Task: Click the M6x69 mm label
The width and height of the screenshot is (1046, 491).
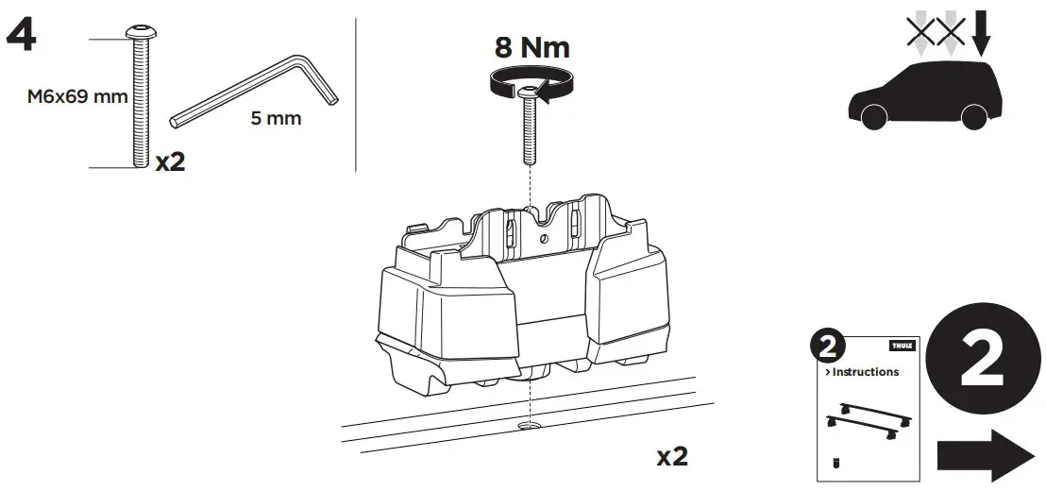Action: (61, 98)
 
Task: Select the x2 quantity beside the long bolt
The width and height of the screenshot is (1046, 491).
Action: (170, 161)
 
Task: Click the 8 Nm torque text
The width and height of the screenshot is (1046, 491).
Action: (532, 48)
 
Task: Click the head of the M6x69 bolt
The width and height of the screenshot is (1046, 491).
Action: (141, 32)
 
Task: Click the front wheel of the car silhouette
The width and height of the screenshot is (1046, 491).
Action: (873, 116)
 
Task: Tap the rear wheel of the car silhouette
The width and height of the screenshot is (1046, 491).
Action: (973, 116)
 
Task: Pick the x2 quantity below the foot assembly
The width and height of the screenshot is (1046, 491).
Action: (672, 457)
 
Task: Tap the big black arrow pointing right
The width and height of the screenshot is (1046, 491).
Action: (986, 455)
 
